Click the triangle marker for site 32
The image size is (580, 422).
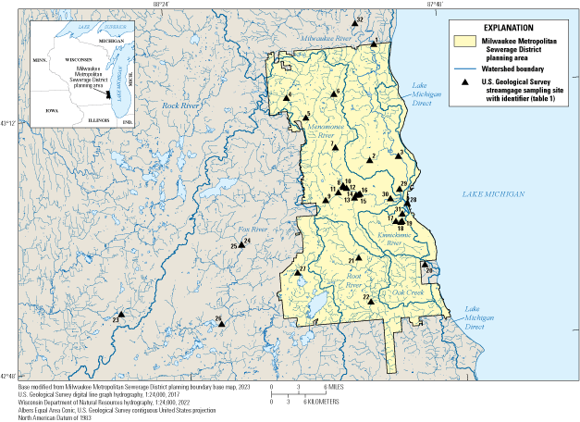click(373, 43)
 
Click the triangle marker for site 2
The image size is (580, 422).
click(367, 159)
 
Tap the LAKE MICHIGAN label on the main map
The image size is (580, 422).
click(493, 194)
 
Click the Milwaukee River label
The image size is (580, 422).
click(329, 39)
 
